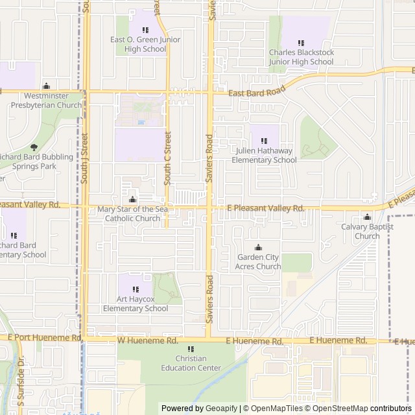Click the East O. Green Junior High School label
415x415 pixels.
pyautogui.click(x=145, y=44)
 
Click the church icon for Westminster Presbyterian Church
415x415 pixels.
pyautogui.click(x=46, y=86)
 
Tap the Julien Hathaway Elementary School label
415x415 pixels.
pyautogui.click(x=264, y=156)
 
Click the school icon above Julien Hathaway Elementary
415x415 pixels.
pyautogui.click(x=264, y=140)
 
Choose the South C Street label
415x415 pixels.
pyautogui.click(x=167, y=156)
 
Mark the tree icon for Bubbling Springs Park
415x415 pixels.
pyautogui.click(x=34, y=147)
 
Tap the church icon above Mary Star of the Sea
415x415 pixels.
pyautogui.click(x=133, y=199)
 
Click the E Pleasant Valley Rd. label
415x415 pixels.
pyautogui.click(x=266, y=209)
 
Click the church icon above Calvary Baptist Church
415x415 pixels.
pyautogui.click(x=367, y=217)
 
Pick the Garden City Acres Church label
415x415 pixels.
pyautogui.click(x=259, y=262)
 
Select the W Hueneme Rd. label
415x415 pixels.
pyautogui.click(x=147, y=340)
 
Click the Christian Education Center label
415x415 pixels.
pyautogui.click(x=191, y=363)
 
